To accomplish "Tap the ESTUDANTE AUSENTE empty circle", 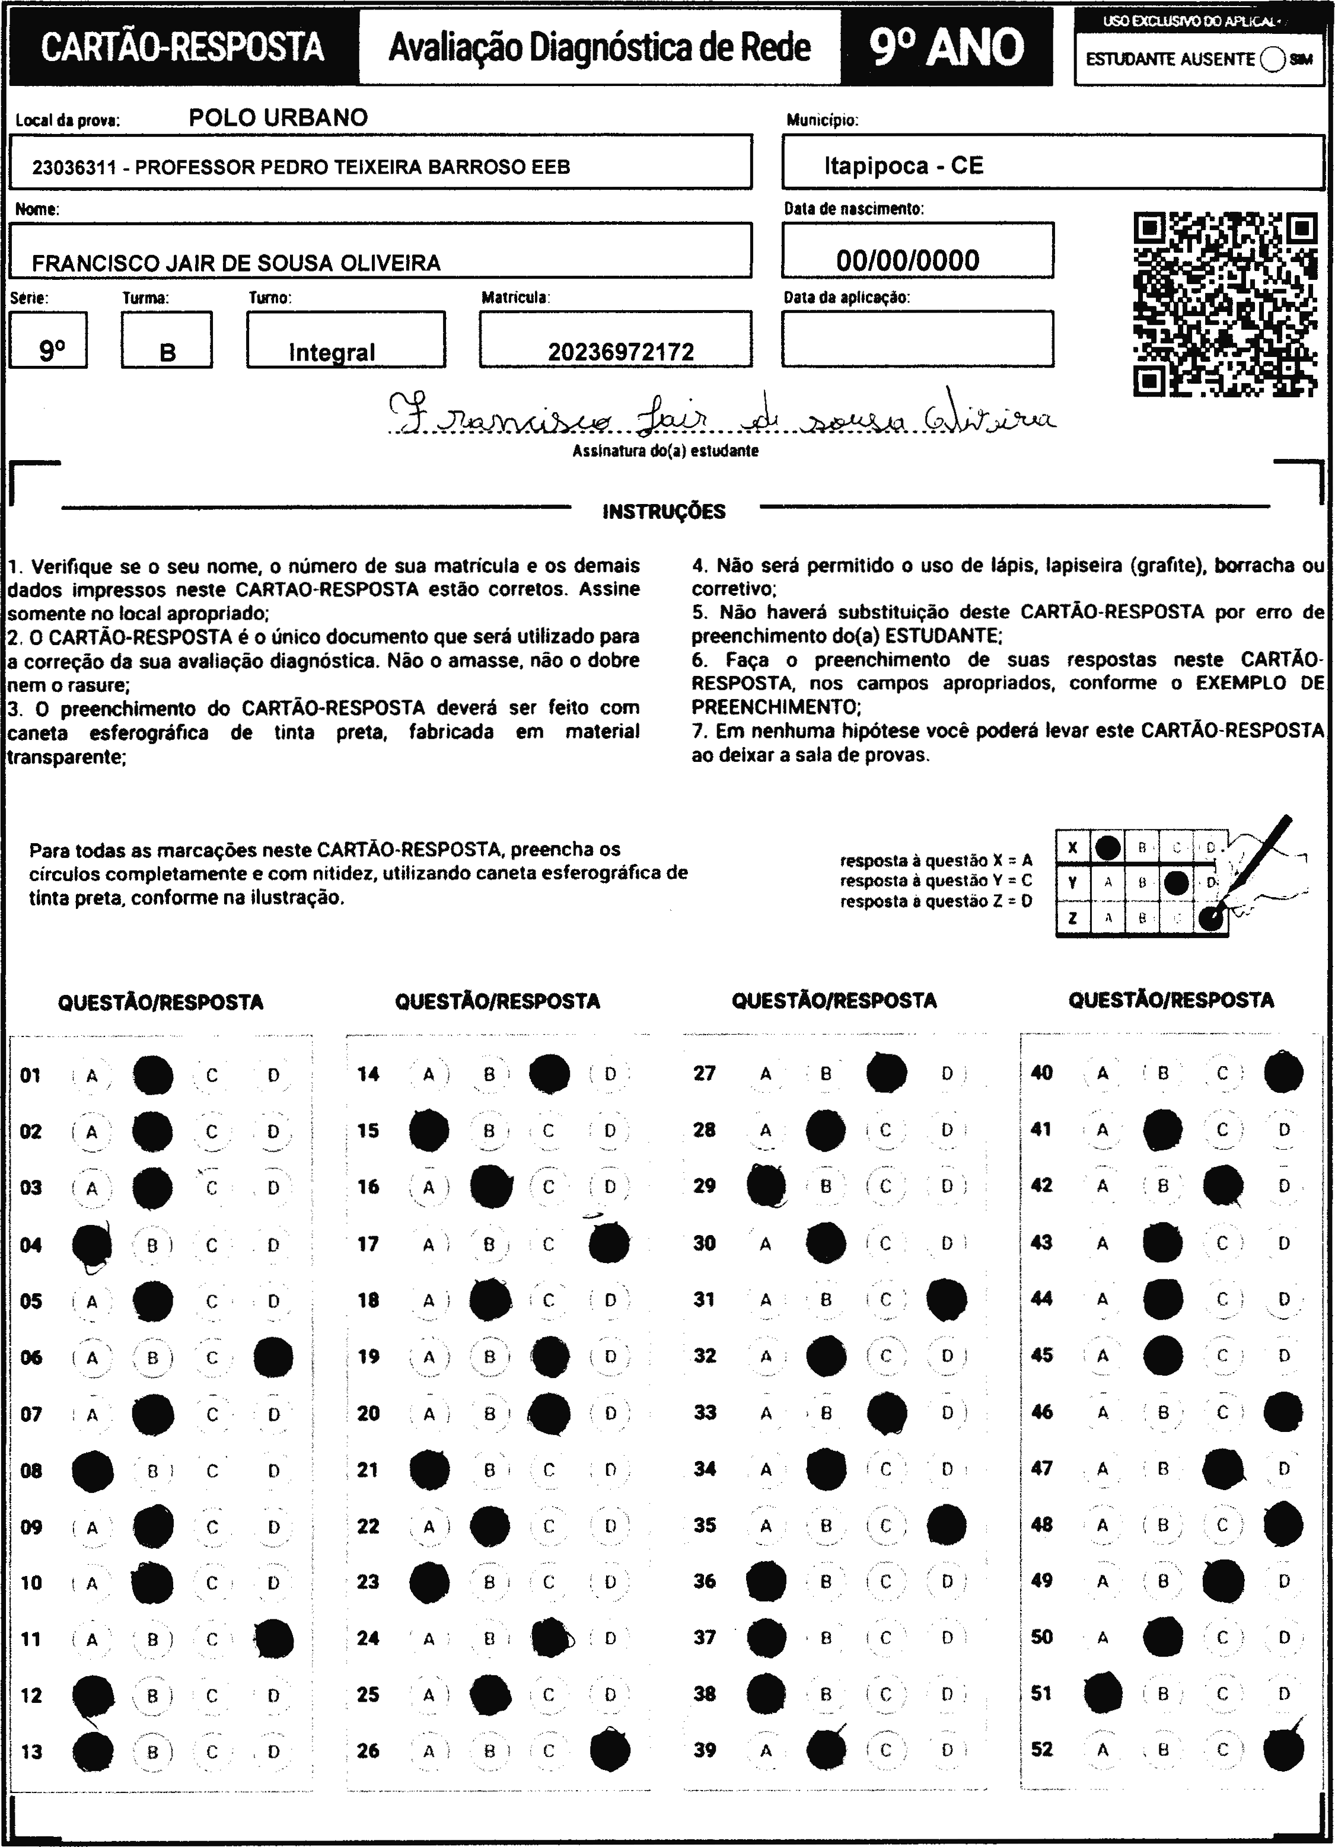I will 1272,59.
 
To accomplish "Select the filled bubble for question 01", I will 152,1075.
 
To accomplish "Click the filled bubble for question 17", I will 609,1243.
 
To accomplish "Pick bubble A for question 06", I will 92,1358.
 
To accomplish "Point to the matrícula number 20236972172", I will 621,352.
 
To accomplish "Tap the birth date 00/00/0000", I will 907,261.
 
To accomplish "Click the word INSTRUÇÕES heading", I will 664,512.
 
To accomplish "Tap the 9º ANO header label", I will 947,47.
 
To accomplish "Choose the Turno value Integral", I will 332,352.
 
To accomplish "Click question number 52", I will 1041,1749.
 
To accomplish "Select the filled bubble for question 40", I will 1283,1073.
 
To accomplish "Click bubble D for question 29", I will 947,1186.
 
